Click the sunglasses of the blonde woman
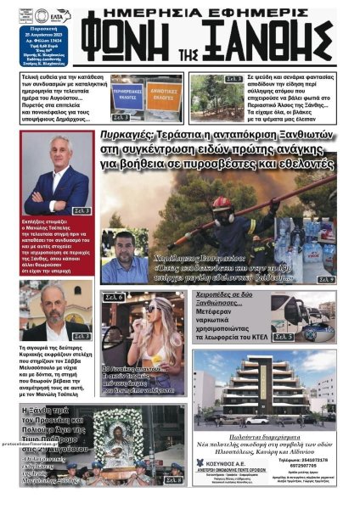click(x=152, y=308)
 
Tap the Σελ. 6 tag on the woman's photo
click(x=115, y=298)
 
